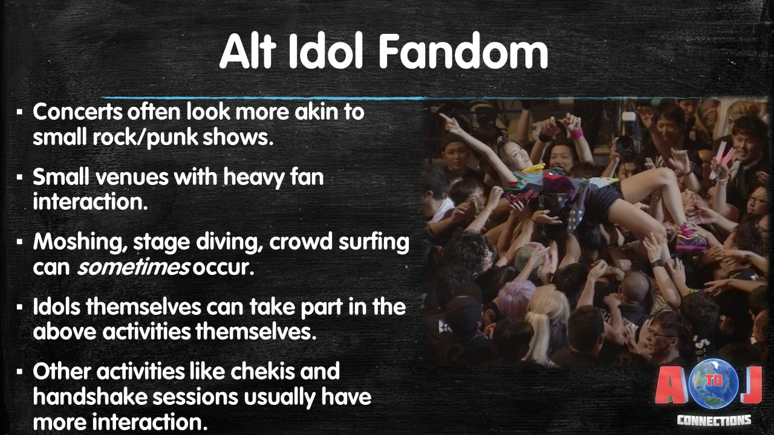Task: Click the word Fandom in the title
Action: pos(463,51)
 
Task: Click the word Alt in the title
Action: pos(247,51)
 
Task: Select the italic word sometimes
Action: pos(134,267)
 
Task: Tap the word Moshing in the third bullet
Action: pos(80,242)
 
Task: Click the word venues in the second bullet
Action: pos(132,177)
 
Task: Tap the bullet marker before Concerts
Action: pos(20,112)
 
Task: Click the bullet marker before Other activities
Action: pos(20,372)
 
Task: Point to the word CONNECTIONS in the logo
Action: pos(714,420)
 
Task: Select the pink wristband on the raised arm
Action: pos(576,134)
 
